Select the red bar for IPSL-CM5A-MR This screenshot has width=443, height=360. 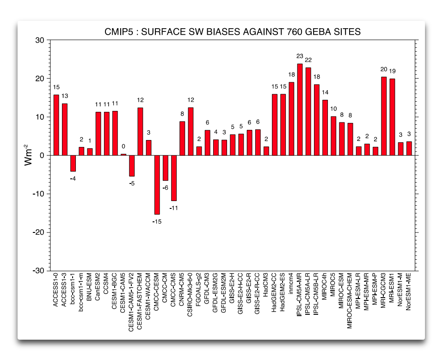(x=300, y=110)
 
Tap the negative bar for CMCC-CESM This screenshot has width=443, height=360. (x=157, y=185)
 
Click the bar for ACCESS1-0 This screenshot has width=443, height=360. (x=56, y=125)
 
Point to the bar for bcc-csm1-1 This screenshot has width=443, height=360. (x=73, y=163)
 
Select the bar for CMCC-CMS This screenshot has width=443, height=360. (x=174, y=178)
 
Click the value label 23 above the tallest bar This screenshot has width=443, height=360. (x=300, y=56)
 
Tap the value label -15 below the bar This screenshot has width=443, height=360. (x=157, y=222)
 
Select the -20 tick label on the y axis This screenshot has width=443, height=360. (x=38, y=232)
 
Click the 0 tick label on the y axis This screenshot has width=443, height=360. (x=42, y=155)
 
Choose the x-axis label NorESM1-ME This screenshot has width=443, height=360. (x=409, y=293)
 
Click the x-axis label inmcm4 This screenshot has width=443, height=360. (x=291, y=286)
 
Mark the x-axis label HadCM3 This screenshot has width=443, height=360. (x=266, y=286)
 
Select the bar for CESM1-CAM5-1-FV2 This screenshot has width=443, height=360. (x=132, y=166)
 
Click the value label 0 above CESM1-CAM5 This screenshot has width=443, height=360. (x=123, y=146)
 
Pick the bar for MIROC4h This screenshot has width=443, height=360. (x=325, y=128)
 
